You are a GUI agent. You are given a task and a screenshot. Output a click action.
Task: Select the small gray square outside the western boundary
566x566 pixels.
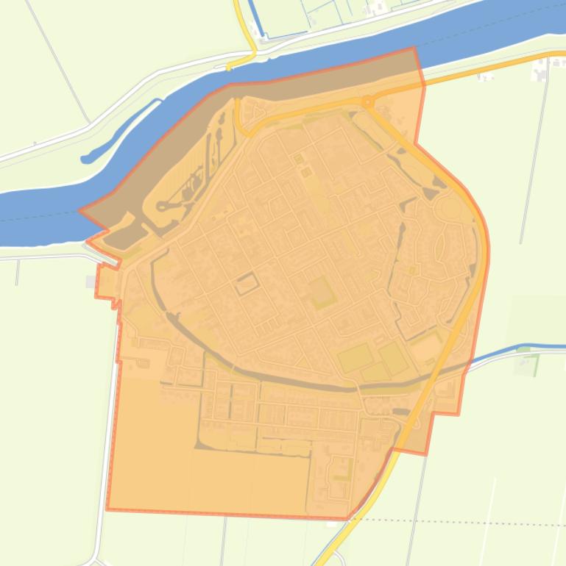(91, 282)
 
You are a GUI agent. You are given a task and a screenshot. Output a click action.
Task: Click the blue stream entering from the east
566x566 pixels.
(508, 351)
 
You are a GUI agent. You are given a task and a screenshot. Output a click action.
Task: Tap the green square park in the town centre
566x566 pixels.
(321, 293)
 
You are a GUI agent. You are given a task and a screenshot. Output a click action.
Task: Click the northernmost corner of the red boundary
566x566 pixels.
(414, 49)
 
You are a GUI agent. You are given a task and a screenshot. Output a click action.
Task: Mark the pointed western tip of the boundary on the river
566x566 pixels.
(81, 211)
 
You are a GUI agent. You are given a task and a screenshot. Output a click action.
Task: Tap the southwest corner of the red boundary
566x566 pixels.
(107, 509)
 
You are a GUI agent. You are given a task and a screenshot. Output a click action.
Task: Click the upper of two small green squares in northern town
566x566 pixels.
(298, 158)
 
